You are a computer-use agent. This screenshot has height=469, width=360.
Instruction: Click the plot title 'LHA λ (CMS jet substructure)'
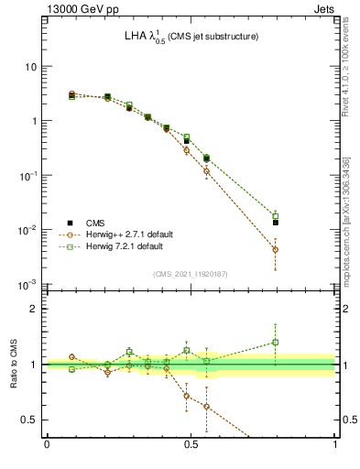[191, 37]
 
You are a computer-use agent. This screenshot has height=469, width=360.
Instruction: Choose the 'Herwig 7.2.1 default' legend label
[125, 246]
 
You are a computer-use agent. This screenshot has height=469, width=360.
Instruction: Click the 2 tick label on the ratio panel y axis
[34, 309]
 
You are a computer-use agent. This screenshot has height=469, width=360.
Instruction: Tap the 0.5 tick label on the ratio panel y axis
[29, 420]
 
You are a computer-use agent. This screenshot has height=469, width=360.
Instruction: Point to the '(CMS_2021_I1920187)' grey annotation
[191, 273]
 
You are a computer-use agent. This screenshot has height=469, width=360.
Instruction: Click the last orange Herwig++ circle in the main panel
[276, 249]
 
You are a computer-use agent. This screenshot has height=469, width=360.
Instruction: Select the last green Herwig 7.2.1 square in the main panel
[276, 216]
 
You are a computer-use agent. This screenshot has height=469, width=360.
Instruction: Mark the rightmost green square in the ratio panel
[276, 343]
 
